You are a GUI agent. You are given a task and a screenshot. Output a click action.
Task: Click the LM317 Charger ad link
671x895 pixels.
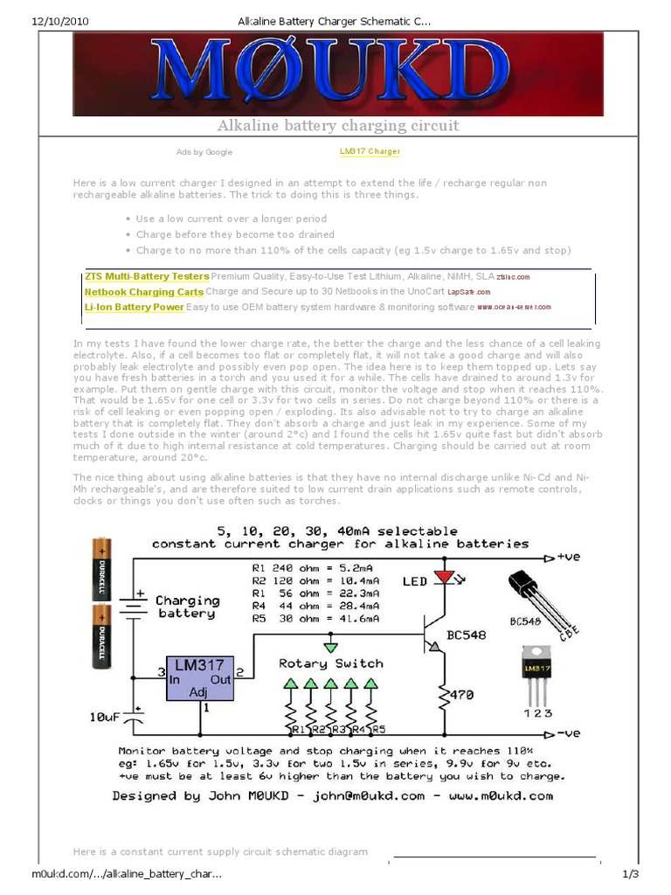pos(370,151)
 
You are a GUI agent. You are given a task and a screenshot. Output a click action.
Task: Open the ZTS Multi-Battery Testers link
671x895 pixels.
pos(147,276)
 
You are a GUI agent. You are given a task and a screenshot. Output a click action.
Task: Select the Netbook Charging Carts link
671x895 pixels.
pos(144,292)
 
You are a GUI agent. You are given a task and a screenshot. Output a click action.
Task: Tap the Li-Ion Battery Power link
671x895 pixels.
pos(134,308)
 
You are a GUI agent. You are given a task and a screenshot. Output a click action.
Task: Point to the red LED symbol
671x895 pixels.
pos(445,578)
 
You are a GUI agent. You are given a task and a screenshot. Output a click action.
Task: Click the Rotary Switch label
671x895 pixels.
pos(331,663)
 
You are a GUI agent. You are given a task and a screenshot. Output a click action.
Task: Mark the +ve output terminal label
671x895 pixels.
pos(575,556)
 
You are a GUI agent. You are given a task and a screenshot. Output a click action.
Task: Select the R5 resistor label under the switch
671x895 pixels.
pos(377,730)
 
